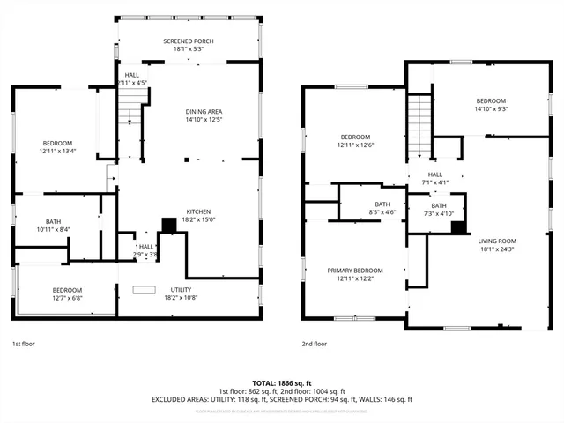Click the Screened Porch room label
click(189, 41)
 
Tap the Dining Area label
click(203, 111)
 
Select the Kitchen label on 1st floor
click(197, 211)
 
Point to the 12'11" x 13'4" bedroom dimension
click(56, 151)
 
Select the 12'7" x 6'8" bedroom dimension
click(66, 298)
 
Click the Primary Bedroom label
click(355, 271)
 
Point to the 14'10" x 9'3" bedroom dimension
click(491, 108)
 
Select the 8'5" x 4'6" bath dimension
click(382, 212)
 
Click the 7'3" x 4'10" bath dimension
click(438, 213)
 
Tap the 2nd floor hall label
click(435, 174)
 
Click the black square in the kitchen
click(167, 225)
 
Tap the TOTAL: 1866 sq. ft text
click(282, 382)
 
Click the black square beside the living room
click(457, 227)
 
